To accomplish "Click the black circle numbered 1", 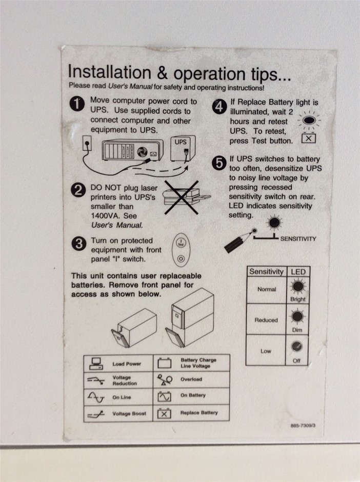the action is point(77,104).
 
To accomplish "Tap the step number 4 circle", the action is point(219,107).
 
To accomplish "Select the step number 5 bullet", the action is point(219,163).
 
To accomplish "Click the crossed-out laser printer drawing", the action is point(185,197).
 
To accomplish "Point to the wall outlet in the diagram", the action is point(87,143).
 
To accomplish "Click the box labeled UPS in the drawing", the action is point(183,149).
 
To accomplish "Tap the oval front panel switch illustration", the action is point(181,250).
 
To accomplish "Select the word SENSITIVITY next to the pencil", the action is point(298,239).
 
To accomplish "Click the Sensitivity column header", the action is point(266,271).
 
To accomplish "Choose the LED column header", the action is point(298,272).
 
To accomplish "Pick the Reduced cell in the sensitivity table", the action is point(266,319).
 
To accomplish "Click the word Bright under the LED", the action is point(297,299).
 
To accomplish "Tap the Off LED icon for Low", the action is point(297,347).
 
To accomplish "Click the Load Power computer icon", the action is point(96,364).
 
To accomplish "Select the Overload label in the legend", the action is point(191,379).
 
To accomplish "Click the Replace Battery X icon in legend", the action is point(164,413).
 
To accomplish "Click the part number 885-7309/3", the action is point(303,426).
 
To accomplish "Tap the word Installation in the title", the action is point(109,72).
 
